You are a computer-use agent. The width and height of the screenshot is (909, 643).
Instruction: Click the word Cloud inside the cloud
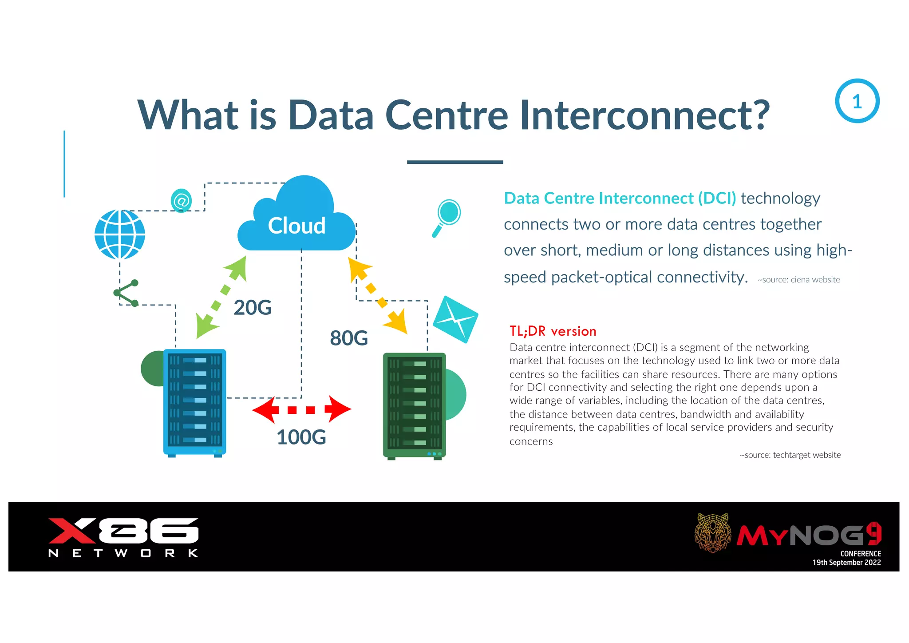296,226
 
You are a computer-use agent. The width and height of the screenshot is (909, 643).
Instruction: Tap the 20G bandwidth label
252,308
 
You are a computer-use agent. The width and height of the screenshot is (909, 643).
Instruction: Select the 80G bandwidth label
349,338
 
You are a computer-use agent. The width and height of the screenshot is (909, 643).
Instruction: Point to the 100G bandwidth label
301,437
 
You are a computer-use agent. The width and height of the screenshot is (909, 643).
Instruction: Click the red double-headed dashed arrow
301,409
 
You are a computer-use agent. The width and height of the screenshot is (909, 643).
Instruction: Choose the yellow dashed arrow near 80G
377,295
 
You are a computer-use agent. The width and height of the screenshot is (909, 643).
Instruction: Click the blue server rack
194,402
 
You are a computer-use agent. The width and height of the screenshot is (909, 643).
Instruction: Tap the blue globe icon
120,234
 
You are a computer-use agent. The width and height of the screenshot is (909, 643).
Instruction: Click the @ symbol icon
181,201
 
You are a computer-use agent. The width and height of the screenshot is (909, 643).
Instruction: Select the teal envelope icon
455,319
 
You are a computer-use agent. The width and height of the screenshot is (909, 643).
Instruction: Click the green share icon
126,293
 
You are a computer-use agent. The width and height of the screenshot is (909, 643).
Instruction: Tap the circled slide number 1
857,101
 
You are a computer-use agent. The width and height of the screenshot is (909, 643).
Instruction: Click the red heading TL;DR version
553,331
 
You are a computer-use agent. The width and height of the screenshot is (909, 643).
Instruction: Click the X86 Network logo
123,537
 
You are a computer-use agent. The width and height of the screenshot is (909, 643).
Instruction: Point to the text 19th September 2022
846,563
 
